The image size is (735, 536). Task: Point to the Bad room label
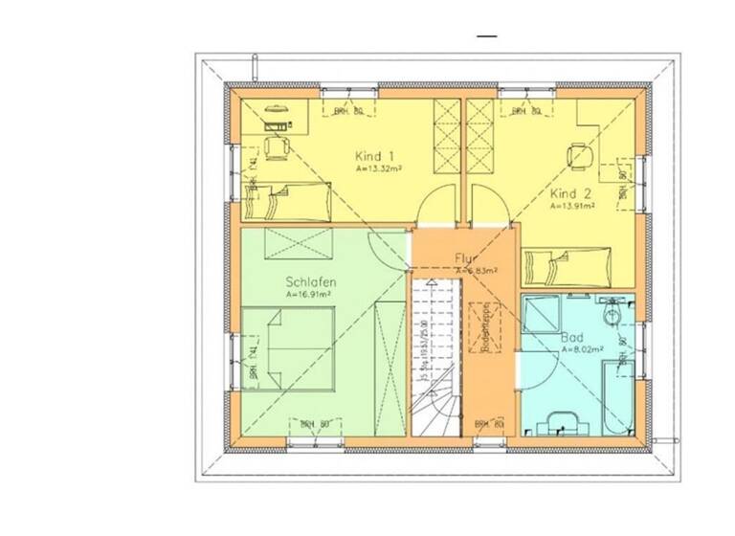[570, 338]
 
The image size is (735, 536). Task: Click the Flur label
[466, 257]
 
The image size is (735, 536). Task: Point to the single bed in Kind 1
[286, 202]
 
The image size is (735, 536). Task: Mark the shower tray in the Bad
[543, 314]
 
